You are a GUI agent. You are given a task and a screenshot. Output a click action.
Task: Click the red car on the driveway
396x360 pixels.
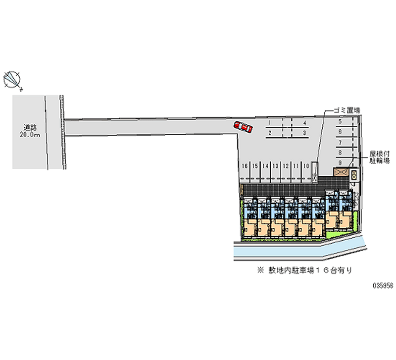tap(243, 127)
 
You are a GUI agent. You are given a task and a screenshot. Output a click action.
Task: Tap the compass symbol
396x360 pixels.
tap(13, 79)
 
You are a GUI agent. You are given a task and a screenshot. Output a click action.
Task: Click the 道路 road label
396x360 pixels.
tap(29, 127)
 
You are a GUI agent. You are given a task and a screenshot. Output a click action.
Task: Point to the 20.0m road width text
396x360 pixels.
tap(30, 135)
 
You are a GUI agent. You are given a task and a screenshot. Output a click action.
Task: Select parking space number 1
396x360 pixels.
tap(270, 122)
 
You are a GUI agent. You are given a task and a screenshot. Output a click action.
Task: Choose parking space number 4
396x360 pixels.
tap(305, 122)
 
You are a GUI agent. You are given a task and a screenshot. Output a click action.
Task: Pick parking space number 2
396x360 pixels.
tap(270, 133)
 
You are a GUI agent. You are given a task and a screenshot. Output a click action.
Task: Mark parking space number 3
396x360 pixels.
tap(305, 133)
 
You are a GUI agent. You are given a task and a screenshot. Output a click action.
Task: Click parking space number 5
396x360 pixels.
tap(340, 122)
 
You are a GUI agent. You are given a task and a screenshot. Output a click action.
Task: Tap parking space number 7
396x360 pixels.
tap(340, 143)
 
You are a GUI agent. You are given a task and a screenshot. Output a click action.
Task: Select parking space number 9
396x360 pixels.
tap(340, 162)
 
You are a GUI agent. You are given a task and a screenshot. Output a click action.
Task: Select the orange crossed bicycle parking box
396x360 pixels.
tap(341, 172)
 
